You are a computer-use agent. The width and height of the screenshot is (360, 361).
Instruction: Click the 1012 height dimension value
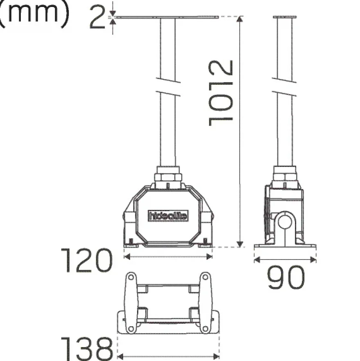coord(221,93)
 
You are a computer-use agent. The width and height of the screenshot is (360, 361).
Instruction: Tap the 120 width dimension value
coord(87,260)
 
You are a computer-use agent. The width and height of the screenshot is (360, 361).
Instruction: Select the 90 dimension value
coord(286,277)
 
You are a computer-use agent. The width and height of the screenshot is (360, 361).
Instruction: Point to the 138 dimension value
coord(87,349)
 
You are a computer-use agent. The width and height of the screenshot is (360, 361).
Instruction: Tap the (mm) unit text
coord(34,14)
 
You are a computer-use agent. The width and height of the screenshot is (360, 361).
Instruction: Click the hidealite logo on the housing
coord(168,216)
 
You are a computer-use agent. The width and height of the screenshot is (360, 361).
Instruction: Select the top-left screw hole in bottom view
coord(131,277)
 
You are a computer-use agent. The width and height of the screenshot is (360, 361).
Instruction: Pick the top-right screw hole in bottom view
coord(205,277)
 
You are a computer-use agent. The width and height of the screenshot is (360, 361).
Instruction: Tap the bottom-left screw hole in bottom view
coord(131,329)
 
